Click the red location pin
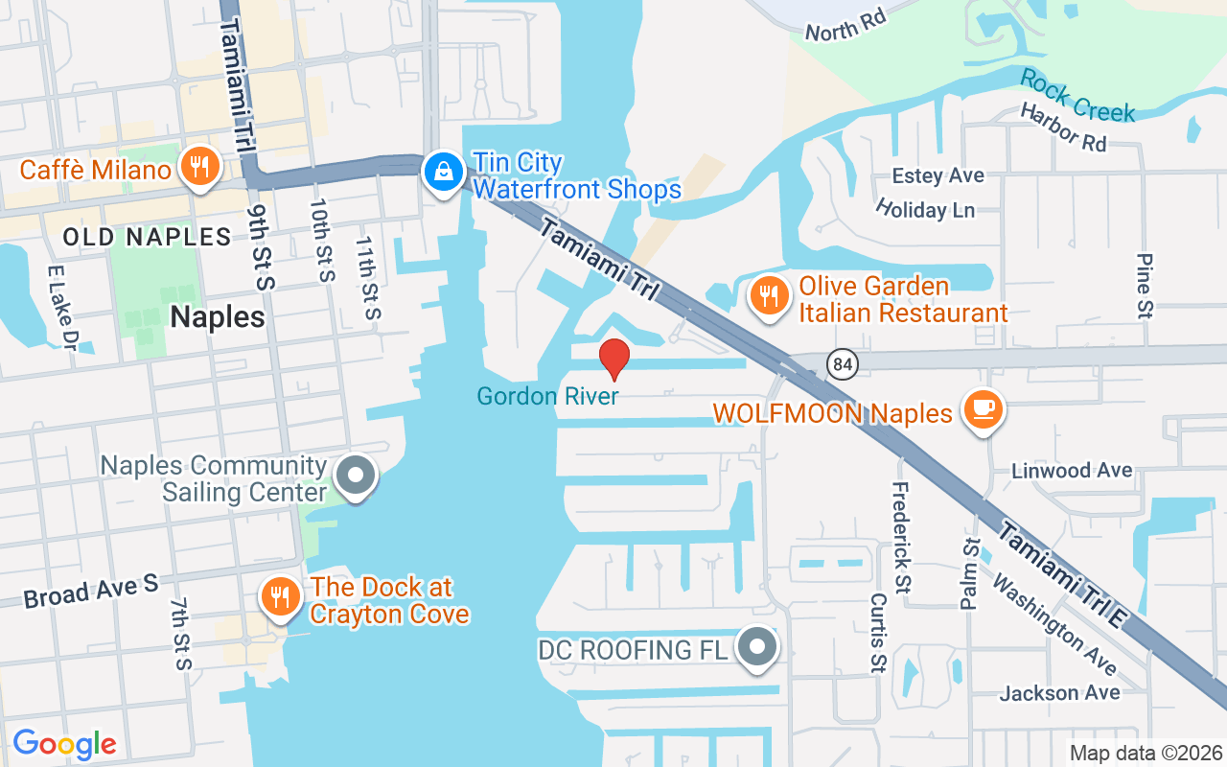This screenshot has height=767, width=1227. (x=613, y=360)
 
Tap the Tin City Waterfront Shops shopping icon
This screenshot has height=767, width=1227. (x=443, y=172)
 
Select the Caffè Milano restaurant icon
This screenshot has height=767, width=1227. (x=199, y=168)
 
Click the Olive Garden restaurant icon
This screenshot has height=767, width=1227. (x=768, y=294)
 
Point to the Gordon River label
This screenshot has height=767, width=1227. (x=548, y=396)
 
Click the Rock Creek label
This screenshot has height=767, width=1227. (x=1077, y=95)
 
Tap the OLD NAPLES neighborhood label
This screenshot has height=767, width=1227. (x=147, y=237)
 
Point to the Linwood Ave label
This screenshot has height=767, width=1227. (x=1073, y=471)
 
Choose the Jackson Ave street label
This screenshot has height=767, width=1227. (x=1059, y=692)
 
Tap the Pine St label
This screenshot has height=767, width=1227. (x=1144, y=286)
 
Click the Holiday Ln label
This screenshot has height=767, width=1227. (x=924, y=208)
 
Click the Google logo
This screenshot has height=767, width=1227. (x=64, y=744)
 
